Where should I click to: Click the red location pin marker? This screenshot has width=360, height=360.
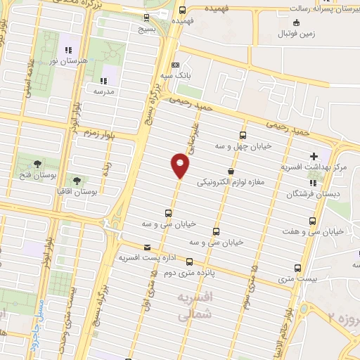point(180,166)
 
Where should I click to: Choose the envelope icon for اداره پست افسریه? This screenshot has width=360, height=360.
point(147,247)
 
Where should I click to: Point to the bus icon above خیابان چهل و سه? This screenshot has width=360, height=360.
point(243,136)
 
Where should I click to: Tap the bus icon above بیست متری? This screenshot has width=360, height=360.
point(297,268)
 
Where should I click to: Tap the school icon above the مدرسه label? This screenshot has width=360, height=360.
point(103,79)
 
